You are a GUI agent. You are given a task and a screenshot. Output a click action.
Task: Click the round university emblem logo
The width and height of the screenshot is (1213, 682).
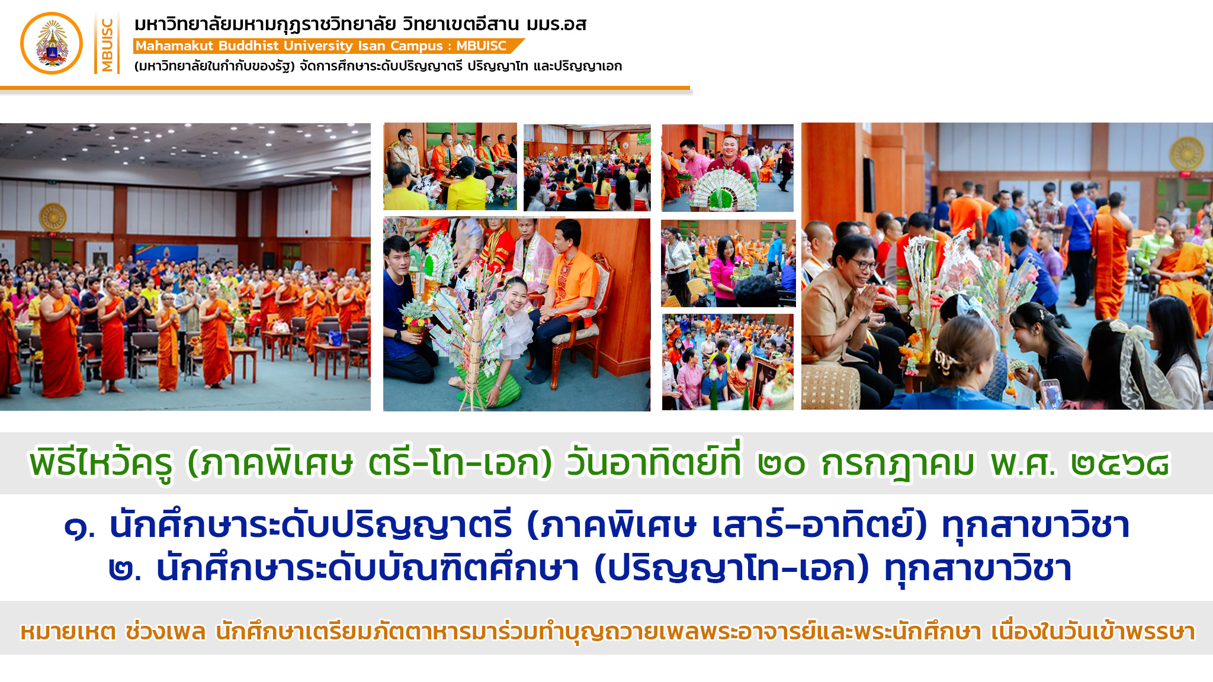click(x=52, y=43)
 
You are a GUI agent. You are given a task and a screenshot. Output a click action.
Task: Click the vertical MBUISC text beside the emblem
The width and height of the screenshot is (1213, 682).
click(x=107, y=44)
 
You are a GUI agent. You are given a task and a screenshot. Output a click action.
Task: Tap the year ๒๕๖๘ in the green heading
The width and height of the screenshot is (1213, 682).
click(x=1121, y=464)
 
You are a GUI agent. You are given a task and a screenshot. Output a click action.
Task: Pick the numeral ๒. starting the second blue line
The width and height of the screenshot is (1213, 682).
click(x=125, y=570)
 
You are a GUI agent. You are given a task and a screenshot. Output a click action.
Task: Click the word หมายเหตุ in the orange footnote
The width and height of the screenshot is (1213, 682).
click(x=68, y=632)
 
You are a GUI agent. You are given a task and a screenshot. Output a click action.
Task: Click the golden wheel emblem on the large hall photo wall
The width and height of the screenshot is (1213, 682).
click(x=53, y=217)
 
